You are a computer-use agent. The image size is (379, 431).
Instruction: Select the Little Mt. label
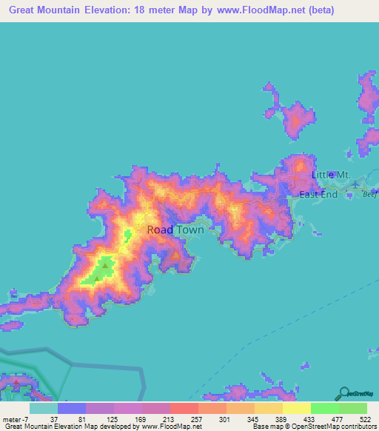coord(330,174)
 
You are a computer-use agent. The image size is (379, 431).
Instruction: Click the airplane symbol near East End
coord(356,183)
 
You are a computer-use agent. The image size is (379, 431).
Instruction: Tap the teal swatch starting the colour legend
coord(43,408)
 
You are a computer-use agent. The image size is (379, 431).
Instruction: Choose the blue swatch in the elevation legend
coord(71,408)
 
